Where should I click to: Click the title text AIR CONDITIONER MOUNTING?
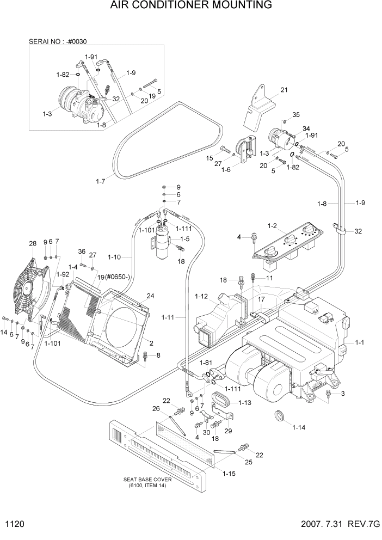coord(190,6)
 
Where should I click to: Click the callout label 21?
coord(284,90)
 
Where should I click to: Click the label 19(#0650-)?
coord(115,277)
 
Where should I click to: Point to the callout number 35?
coord(295,114)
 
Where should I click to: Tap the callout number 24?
coord(150,296)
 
